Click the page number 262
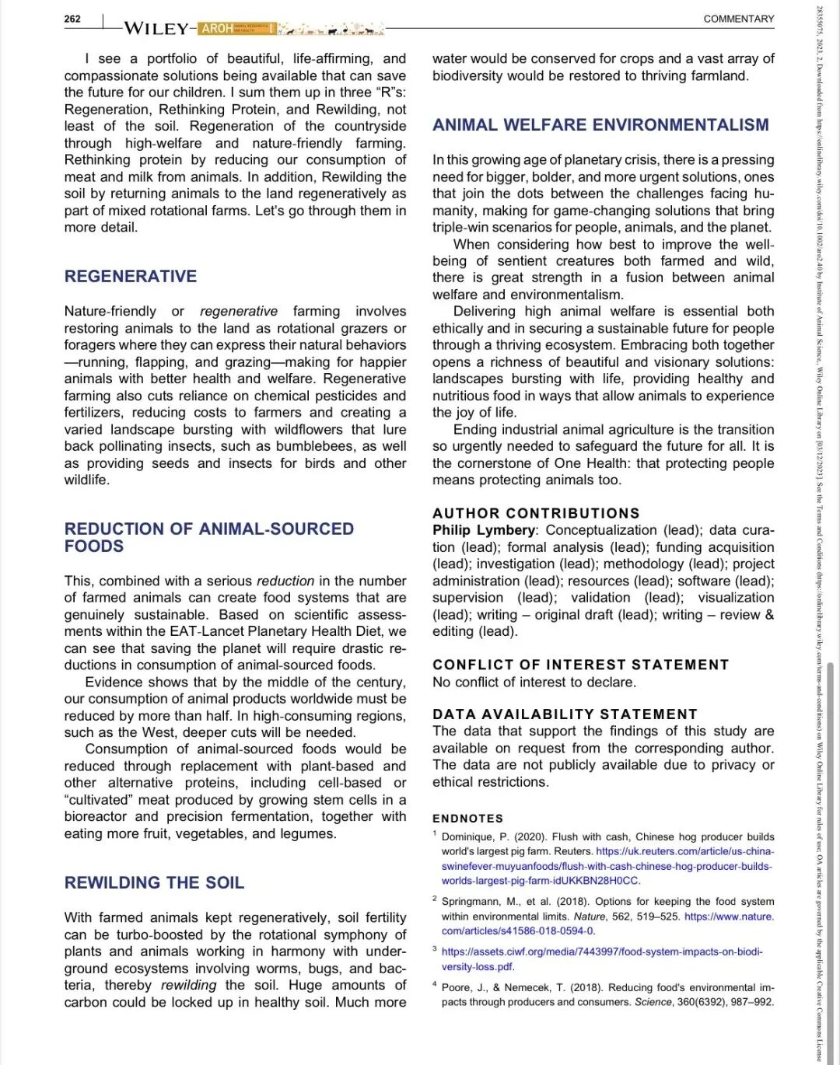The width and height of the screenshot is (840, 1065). click(72, 19)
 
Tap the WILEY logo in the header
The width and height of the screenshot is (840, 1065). click(156, 29)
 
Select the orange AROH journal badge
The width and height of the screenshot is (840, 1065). click(217, 29)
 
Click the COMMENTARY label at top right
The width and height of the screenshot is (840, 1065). click(738, 19)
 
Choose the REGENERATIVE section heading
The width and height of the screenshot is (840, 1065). click(131, 277)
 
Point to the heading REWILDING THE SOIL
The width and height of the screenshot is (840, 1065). click(154, 883)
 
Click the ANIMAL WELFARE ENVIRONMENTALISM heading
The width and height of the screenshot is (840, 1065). click(600, 125)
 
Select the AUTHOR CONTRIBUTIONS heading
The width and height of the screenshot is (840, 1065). click(536, 513)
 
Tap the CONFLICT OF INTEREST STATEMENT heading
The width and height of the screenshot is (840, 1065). click(580, 665)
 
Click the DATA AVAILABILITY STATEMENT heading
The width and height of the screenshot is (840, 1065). click(565, 714)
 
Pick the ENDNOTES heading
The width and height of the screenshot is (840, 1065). click(467, 819)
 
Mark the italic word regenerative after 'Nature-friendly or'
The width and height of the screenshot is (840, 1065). click(238, 311)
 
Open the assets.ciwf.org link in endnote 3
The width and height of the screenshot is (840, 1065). click(602, 952)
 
